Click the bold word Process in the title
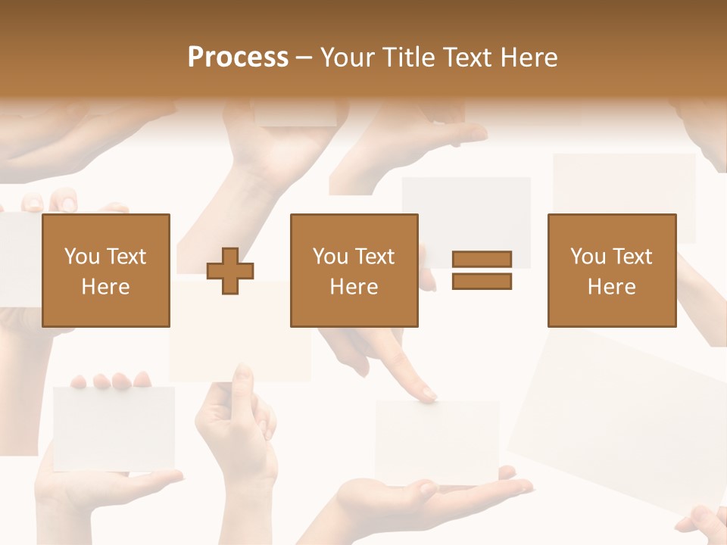238,58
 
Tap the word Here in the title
528,58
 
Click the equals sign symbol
482,270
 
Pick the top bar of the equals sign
482,259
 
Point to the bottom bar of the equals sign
482,282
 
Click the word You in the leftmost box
81,257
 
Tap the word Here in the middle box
354,287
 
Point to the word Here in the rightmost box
611,287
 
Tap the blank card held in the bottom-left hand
114,428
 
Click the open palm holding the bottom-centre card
424,500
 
